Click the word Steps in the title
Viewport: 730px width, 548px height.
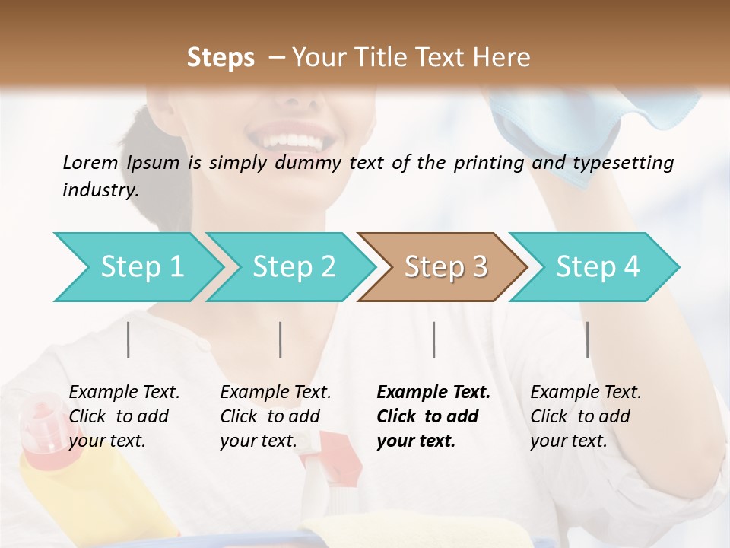(x=221, y=58)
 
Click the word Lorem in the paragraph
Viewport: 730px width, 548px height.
(x=90, y=162)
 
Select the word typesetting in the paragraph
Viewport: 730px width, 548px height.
(x=627, y=163)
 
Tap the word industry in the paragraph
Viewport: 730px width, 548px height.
(x=100, y=190)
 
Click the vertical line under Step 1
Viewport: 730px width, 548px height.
(x=129, y=339)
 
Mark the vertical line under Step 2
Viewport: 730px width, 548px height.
(x=281, y=339)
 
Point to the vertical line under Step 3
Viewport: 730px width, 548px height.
(x=434, y=339)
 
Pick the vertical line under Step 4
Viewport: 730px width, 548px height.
(x=588, y=339)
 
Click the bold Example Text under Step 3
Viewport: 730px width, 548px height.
(x=433, y=393)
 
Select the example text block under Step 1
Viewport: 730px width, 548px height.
(x=124, y=416)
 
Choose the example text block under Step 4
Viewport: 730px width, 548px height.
(x=586, y=416)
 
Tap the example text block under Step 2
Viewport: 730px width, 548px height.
(x=275, y=416)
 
